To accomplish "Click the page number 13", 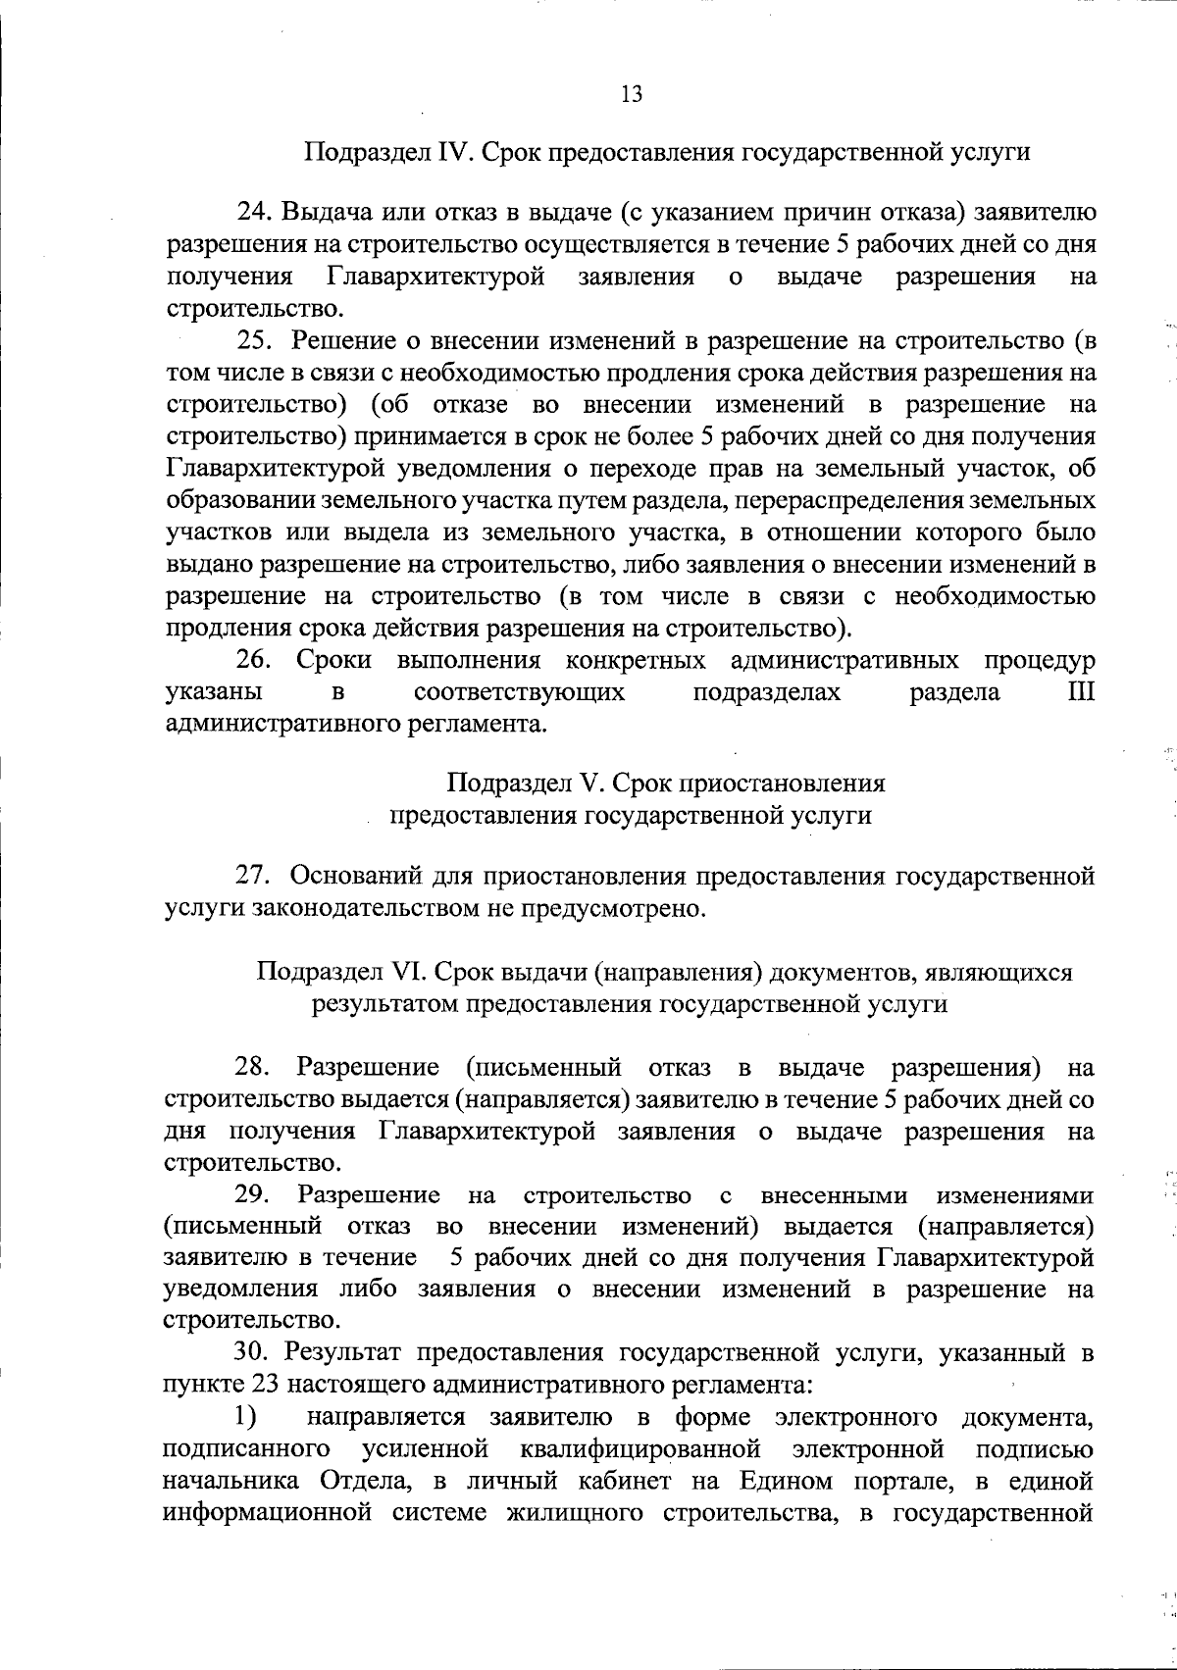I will click(x=632, y=94).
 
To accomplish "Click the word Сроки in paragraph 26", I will click(x=334, y=661).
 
